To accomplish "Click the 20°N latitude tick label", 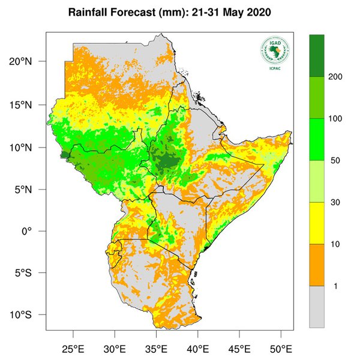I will (x=29, y=62).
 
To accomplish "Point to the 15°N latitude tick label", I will (x=29, y=105).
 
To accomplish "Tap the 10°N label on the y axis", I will (x=29, y=148).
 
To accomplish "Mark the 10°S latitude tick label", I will (x=29, y=316).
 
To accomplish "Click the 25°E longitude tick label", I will (x=73, y=348).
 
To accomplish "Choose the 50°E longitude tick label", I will (x=280, y=348).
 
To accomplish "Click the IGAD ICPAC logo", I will (x=274, y=53).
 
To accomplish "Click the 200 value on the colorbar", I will (x=335, y=77).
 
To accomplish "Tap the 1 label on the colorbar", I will (x=335, y=286).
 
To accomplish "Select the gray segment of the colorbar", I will (x=317, y=306).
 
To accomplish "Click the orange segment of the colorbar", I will (x=317, y=265).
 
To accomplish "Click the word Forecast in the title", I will (x=127, y=13).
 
